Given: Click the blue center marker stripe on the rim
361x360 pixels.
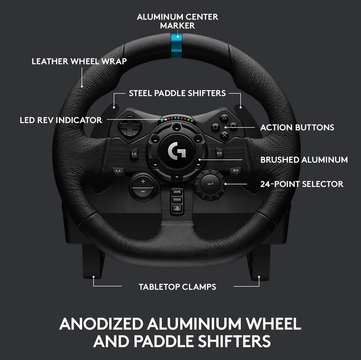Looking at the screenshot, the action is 176,46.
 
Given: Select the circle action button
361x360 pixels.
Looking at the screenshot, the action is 233,126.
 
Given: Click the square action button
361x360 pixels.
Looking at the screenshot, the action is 216,127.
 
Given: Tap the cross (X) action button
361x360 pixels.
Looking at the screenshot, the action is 224,135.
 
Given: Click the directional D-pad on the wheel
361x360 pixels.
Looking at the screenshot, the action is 129,126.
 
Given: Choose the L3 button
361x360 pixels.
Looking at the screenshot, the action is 118,171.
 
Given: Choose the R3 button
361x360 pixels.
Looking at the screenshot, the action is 235,170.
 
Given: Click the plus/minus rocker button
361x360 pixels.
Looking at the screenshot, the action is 143,186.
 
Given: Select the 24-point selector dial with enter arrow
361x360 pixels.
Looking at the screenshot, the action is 210,184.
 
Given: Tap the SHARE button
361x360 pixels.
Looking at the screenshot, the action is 177,192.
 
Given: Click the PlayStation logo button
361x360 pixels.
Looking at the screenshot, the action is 177,209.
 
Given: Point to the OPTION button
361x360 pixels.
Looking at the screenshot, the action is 177,200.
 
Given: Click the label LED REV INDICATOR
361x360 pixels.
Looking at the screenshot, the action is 61,120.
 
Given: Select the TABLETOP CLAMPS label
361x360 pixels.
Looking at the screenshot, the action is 177,287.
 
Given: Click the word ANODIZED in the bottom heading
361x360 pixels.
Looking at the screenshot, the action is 101,324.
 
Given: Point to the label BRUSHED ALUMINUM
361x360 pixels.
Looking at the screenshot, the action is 304,160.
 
